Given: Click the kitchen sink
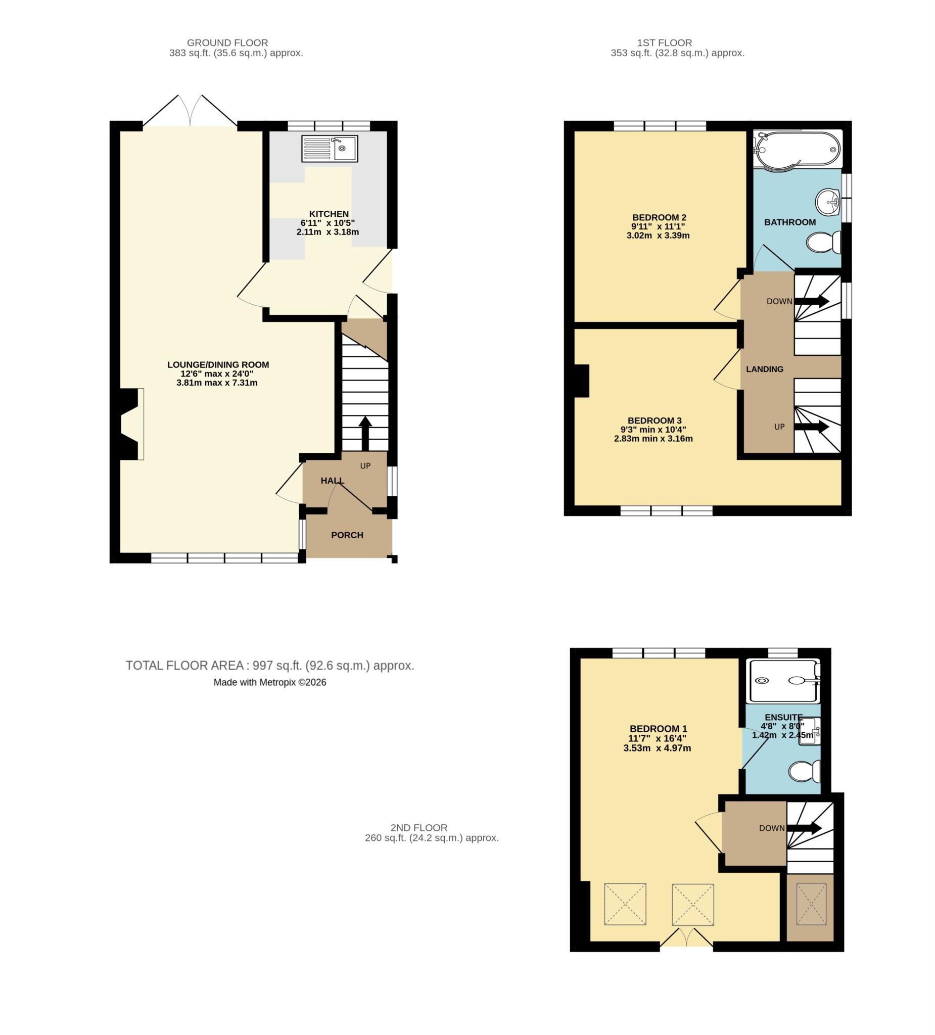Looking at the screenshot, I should (329, 149).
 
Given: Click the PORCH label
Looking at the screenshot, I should (347, 535).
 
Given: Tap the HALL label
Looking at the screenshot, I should (332, 481).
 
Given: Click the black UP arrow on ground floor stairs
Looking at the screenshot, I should (365, 433).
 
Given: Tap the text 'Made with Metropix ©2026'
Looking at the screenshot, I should (269, 682).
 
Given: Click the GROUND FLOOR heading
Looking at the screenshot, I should (227, 42).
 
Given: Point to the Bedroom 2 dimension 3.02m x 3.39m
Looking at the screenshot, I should (658, 236).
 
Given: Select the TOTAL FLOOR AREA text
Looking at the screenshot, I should (269, 666).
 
